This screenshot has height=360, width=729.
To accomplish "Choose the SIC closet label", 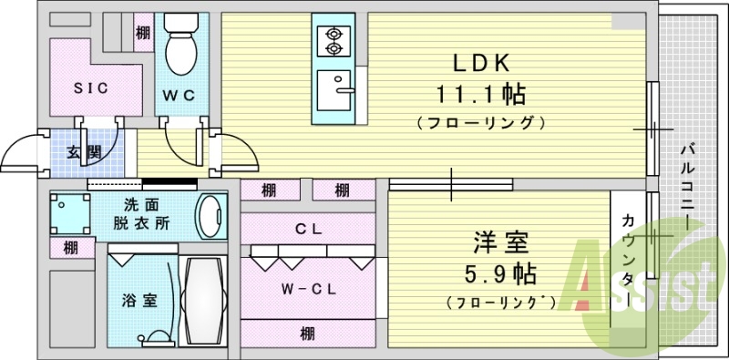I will pyautogui.click(x=90, y=89).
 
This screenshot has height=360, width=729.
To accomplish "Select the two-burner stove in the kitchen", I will pyautogui.click(x=332, y=39).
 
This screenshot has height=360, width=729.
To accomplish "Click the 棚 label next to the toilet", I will pyautogui.click(x=143, y=33).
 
